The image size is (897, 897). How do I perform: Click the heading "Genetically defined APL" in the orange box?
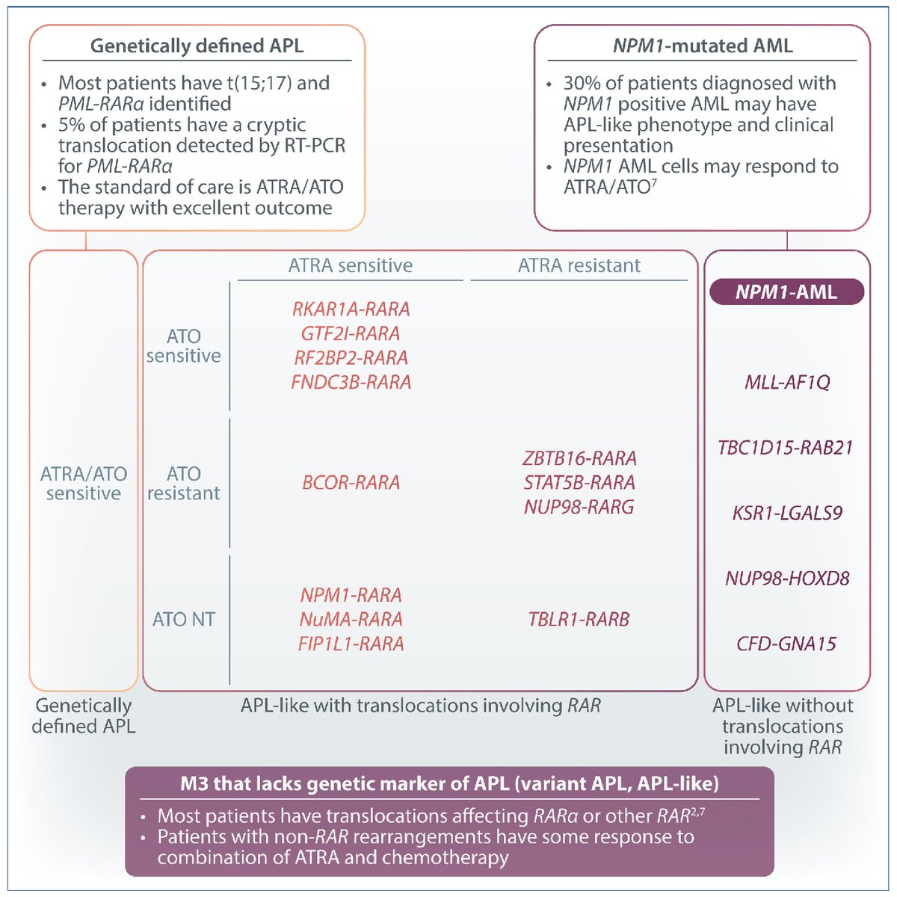click(x=197, y=46)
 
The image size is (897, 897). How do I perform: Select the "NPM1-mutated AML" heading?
click(x=702, y=46)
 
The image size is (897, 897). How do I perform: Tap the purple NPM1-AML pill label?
click(x=786, y=292)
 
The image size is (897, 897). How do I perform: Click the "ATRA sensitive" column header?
click(x=350, y=265)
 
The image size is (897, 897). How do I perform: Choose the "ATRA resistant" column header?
click(x=579, y=265)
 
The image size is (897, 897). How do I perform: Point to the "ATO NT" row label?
click(x=183, y=619)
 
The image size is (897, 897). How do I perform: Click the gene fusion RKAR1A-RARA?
click(x=351, y=309)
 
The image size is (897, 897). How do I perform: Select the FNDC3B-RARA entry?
click(x=351, y=382)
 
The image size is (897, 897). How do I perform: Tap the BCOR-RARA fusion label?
click(x=351, y=483)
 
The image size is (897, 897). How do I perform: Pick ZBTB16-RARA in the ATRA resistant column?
click(x=579, y=458)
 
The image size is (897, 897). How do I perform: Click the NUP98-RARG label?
click(x=579, y=507)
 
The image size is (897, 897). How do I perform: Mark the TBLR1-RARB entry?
click(x=579, y=619)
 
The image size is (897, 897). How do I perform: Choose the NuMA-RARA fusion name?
click(x=351, y=619)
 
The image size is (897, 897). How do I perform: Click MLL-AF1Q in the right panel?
click(x=786, y=383)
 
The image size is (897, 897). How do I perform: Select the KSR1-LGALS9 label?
click(x=786, y=514)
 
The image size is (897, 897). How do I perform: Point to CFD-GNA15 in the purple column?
click(x=786, y=644)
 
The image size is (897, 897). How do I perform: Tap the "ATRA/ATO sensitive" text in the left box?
click(x=84, y=483)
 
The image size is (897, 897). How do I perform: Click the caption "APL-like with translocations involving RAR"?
click(x=420, y=706)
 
